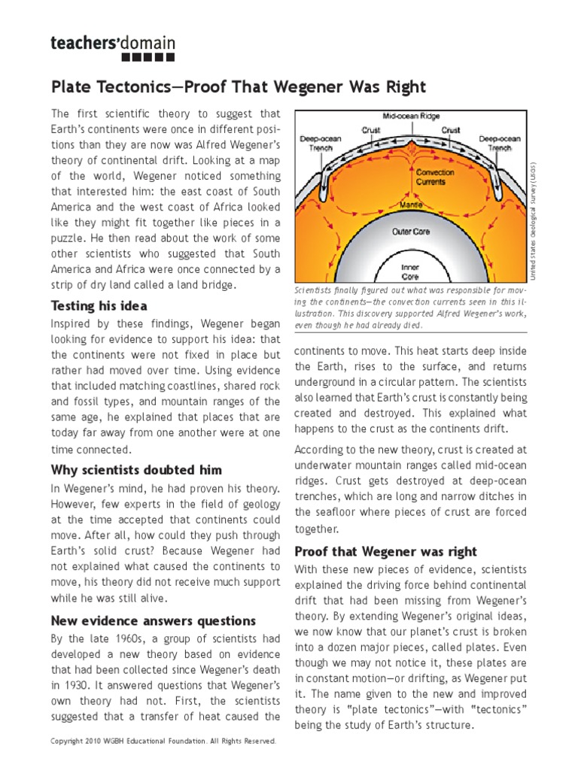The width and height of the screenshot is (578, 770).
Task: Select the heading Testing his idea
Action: click(x=99, y=306)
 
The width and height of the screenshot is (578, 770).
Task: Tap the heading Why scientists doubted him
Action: click(x=136, y=470)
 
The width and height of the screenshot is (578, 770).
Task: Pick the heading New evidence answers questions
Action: click(x=154, y=620)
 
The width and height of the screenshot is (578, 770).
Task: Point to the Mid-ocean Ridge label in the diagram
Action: click(x=410, y=118)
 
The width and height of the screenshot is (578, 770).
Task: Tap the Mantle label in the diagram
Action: click(x=409, y=203)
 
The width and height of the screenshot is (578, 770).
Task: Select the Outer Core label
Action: click(x=410, y=232)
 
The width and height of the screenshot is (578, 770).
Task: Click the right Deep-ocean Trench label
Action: click(x=499, y=143)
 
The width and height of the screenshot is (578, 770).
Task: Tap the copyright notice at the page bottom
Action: click(x=163, y=741)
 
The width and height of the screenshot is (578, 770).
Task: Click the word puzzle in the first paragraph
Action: click(x=68, y=238)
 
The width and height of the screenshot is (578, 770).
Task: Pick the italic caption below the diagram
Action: click(x=410, y=308)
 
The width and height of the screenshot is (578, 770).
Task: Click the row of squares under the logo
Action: click(x=148, y=57)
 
